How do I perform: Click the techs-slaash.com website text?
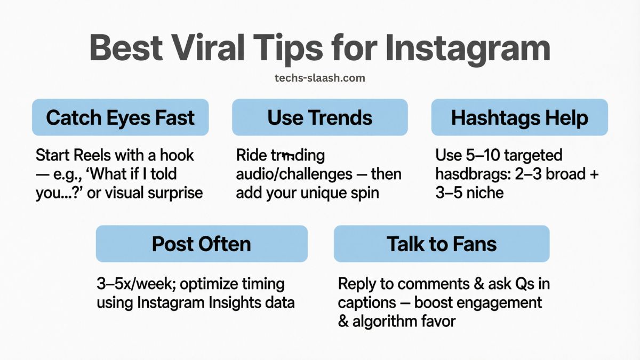point(319,78)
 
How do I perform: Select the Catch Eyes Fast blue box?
point(120,117)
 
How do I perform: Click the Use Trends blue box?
point(319,117)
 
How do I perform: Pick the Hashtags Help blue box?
point(519,117)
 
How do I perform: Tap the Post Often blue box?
point(202,244)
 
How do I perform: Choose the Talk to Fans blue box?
point(442,244)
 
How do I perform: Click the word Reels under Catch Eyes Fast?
point(95,156)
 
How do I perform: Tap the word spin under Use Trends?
point(363,192)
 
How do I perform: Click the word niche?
point(484,192)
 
